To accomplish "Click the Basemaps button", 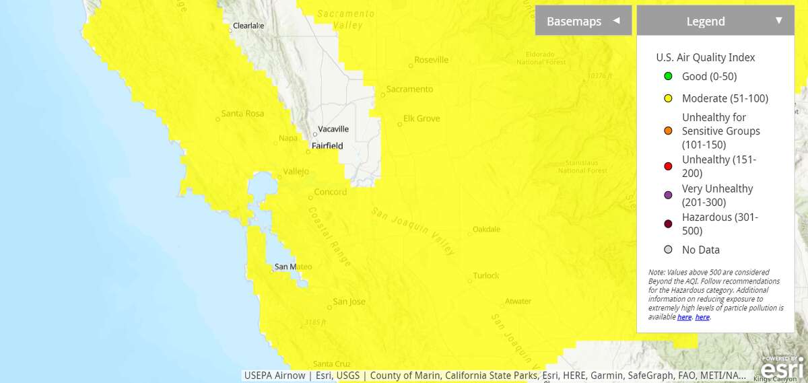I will tap(583, 21).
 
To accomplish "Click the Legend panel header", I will tap(715, 21).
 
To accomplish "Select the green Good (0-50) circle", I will tap(668, 76).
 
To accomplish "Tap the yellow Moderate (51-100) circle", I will tap(668, 98).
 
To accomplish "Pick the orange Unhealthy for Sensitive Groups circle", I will tap(668, 131).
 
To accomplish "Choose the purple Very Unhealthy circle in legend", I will tap(668, 195).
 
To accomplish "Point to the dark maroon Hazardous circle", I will tap(668, 224).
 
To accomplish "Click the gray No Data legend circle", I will tap(668, 250).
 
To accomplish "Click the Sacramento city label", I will tap(409, 89).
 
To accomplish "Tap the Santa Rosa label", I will tap(242, 113).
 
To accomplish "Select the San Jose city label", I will tap(349, 302).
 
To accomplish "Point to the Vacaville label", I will tap(333, 129).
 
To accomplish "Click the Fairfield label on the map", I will tap(327, 145).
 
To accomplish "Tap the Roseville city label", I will tap(432, 60).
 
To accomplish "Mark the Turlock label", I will tap(485, 275).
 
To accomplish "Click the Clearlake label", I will tap(248, 26).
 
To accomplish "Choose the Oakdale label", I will tap(486, 229).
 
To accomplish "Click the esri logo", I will tap(781, 368).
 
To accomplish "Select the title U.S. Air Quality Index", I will tap(706, 57).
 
